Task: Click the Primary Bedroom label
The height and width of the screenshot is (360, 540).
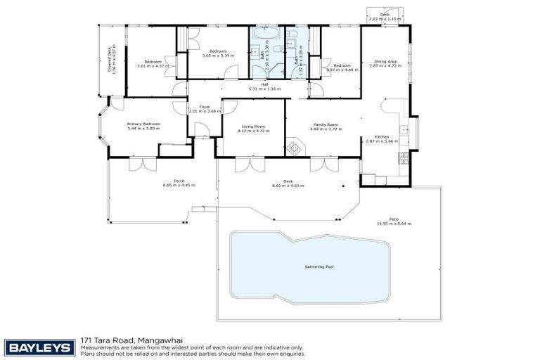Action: point(143,124)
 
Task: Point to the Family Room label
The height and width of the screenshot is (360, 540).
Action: point(326,124)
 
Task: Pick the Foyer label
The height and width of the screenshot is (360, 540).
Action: point(205,107)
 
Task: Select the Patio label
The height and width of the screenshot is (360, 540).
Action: point(393,219)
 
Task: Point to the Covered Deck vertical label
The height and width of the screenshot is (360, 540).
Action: point(110,60)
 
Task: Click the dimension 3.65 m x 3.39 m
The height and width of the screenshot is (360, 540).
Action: point(217,56)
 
